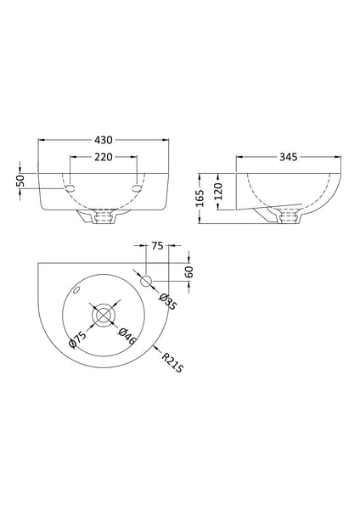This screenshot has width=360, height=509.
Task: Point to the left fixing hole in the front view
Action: click(x=69, y=186)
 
